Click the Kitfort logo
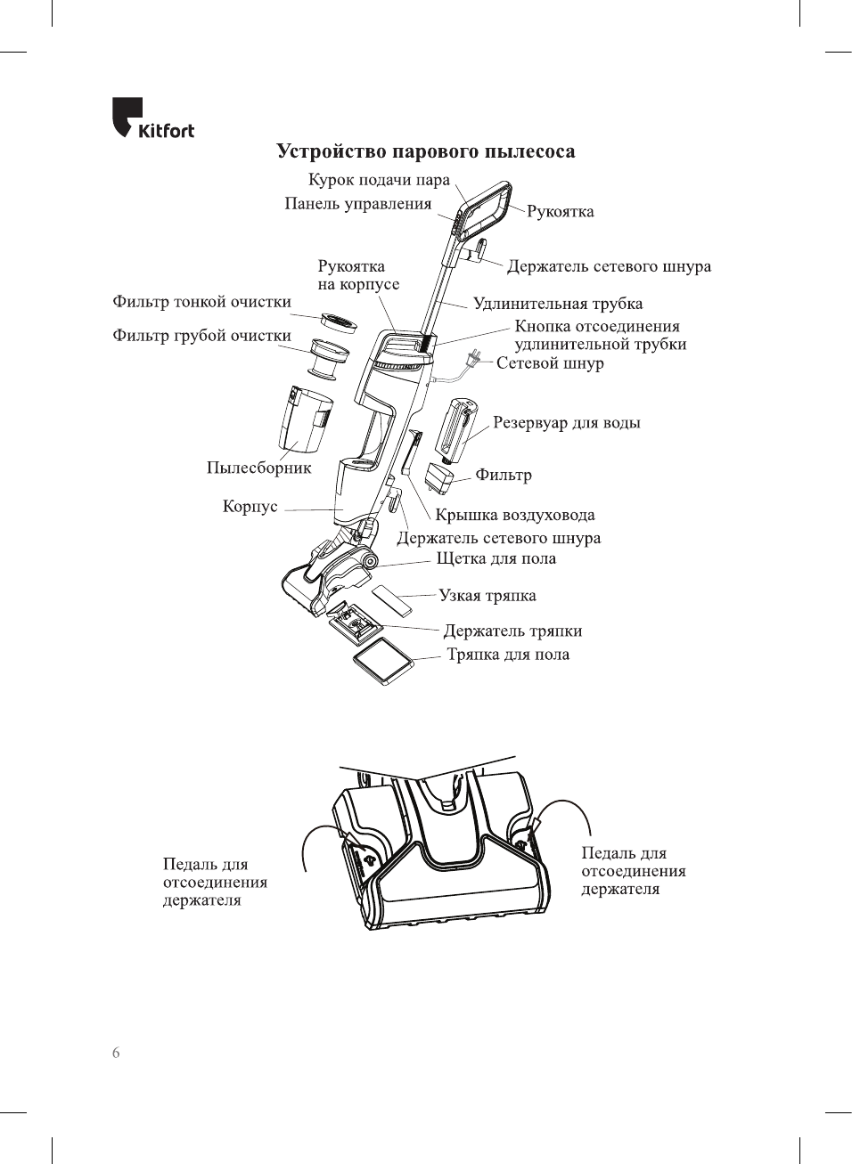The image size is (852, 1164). (x=152, y=118)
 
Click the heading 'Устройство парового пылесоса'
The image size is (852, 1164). (x=425, y=151)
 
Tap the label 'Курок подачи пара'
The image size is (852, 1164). (x=379, y=180)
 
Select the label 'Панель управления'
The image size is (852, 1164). (x=357, y=204)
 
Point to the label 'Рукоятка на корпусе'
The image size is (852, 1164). (x=358, y=275)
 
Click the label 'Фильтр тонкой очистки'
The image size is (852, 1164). (x=201, y=302)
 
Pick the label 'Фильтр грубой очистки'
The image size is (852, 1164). (x=201, y=336)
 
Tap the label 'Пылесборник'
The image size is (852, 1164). (x=258, y=468)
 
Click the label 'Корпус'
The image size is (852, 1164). (x=250, y=507)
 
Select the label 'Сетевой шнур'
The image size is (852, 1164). (x=550, y=363)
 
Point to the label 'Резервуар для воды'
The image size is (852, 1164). (x=566, y=423)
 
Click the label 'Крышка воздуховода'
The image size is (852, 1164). (x=514, y=515)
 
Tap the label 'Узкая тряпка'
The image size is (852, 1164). (x=487, y=596)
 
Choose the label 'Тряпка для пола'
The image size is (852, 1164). (x=507, y=655)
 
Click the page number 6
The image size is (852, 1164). (x=116, y=1053)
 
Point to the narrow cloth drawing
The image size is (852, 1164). (x=391, y=600)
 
